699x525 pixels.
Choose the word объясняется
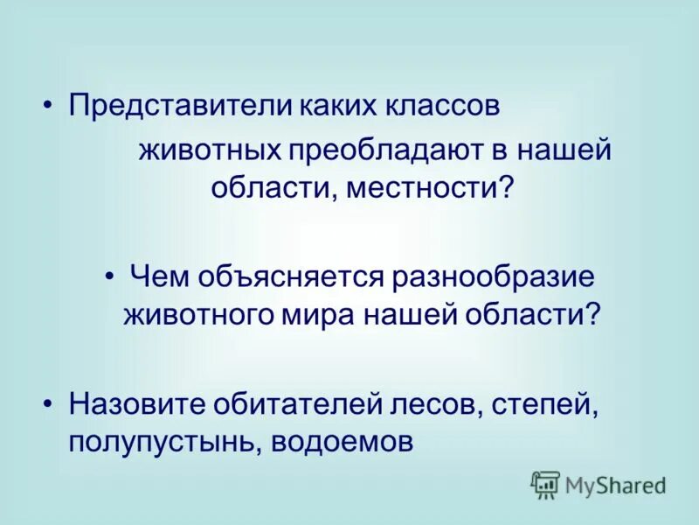[x=289, y=277]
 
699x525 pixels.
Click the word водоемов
[x=341, y=442]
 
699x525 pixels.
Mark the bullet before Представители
[x=49, y=108]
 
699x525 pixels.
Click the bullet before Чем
[x=110, y=276]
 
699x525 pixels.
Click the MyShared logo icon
[x=545, y=484]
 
